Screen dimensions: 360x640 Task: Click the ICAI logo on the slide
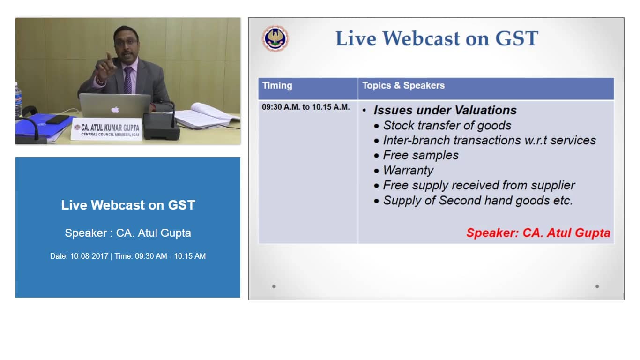[275, 38]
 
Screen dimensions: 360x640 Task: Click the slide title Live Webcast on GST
[437, 38]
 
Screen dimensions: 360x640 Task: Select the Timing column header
[277, 86]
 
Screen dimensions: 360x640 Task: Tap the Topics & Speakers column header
[403, 86]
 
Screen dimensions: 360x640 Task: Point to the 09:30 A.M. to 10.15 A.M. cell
[305, 107]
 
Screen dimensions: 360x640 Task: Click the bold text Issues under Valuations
[445, 111]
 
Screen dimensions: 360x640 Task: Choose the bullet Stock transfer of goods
[447, 126]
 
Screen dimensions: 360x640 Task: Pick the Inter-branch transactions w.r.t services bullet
[489, 141]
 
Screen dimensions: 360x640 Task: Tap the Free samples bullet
[421, 156]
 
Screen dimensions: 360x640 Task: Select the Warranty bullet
[408, 171]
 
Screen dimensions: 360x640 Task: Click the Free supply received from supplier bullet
[479, 186]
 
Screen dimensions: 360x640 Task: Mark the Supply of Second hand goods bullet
[478, 201]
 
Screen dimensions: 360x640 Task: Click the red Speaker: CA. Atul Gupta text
[538, 233]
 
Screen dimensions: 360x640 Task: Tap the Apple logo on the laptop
[115, 109]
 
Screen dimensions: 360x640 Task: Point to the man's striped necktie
[127, 80]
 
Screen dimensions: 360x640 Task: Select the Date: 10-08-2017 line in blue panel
[128, 256]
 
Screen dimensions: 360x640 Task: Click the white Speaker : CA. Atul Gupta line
[128, 233]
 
